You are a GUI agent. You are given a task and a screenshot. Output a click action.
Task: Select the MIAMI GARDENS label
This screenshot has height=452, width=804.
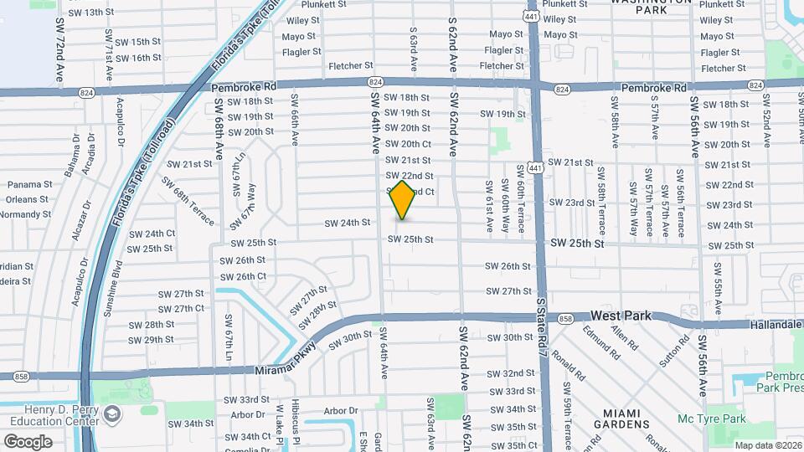[621, 419]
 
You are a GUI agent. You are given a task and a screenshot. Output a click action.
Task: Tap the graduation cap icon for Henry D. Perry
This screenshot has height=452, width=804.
[111, 415]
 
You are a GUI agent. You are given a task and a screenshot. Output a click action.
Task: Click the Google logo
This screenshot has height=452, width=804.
[28, 441]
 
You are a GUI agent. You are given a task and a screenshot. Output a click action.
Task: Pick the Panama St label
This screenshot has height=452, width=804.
[29, 184]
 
